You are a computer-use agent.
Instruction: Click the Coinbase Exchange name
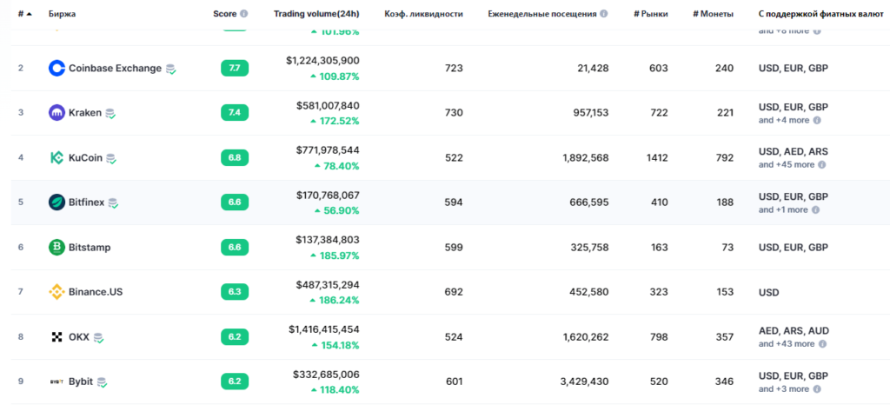115,68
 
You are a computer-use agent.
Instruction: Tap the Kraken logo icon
56,113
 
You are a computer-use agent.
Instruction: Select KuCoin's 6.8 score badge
235,157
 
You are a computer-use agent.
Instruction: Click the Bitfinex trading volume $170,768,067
322,195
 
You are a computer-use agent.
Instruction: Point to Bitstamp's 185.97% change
334,256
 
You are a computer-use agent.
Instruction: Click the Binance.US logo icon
56,292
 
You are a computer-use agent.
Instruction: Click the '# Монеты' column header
713,14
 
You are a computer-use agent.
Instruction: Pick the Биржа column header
62,14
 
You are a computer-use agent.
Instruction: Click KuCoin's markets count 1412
656,157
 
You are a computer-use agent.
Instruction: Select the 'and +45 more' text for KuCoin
786,164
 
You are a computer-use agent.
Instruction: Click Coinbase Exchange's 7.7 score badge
235,68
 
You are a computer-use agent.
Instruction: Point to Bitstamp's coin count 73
727,248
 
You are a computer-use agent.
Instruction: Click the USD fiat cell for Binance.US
769,292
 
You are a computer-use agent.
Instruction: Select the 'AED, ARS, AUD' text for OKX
794,330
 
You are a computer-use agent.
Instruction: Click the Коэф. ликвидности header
423,14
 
